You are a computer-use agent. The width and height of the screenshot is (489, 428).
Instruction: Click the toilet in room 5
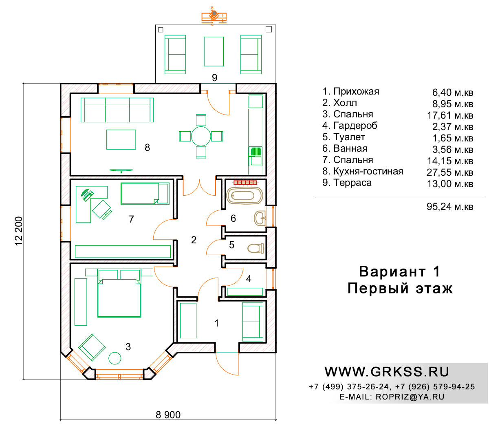256,248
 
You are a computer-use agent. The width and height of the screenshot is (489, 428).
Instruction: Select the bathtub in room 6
244,196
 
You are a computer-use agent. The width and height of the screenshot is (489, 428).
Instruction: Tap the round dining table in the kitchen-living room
201,136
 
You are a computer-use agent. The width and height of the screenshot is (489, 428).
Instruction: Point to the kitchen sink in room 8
256,156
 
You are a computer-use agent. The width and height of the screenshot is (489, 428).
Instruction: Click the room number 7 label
131,219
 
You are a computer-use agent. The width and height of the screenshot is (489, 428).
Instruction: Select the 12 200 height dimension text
19,231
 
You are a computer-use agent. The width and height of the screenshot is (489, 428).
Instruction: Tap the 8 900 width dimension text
168,415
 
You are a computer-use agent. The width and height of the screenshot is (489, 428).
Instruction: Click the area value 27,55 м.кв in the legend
450,172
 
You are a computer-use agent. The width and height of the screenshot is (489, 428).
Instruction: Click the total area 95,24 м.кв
450,207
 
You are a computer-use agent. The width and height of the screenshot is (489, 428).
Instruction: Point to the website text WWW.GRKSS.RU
387,372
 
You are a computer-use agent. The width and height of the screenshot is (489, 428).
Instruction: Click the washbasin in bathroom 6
260,218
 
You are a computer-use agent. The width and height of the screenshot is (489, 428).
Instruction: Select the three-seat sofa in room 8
117,110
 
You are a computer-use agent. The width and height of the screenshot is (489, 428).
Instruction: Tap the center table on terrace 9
214,51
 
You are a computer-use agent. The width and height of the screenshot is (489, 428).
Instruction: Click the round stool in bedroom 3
115,358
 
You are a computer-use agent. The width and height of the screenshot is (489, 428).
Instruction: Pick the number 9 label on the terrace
214,77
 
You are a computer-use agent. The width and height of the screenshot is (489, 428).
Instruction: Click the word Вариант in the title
392,271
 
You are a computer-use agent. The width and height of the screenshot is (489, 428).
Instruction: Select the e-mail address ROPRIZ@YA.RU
410,397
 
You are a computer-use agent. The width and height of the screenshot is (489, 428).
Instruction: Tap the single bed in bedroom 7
145,194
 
